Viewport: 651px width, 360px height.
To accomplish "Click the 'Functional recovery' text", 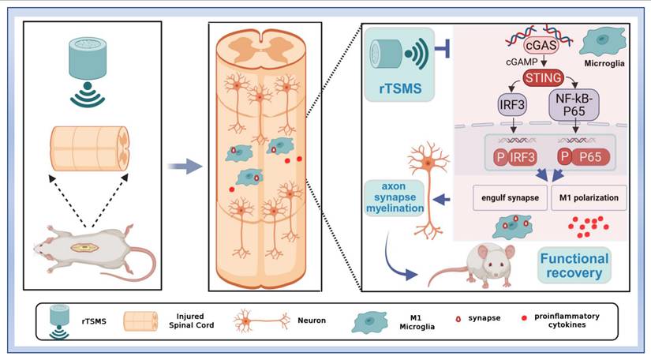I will point(575,267).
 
